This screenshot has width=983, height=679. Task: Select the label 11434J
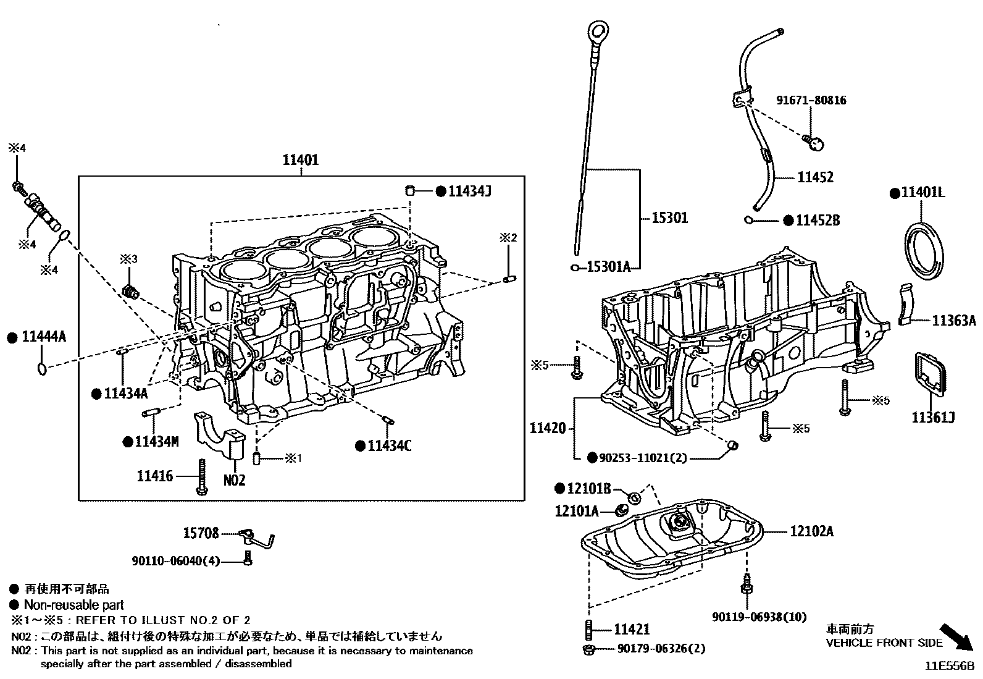tap(469, 192)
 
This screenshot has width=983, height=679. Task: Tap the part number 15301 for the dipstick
tap(670, 218)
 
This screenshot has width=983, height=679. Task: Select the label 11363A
tap(953, 321)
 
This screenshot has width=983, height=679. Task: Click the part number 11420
tap(547, 428)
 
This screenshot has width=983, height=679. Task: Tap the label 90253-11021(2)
tap(643, 458)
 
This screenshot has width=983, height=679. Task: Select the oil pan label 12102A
tap(811, 531)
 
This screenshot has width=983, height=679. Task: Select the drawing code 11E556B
tap(948, 667)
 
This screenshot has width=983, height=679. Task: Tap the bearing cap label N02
tap(234, 480)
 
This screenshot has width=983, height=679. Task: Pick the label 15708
tap(201, 533)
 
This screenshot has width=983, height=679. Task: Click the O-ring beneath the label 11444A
tap(41, 369)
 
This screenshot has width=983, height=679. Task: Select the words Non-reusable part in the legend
tap(73, 605)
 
